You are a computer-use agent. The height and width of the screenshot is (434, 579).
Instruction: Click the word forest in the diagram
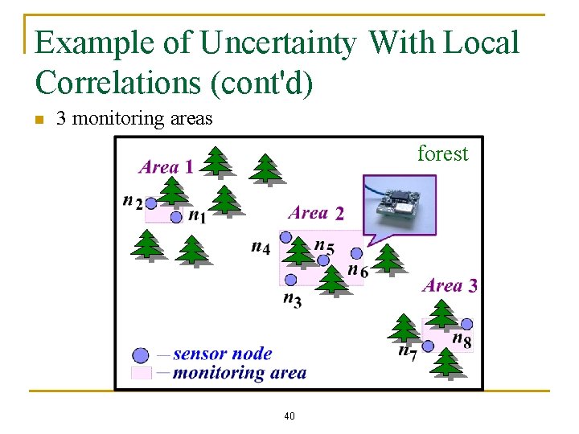[442, 154]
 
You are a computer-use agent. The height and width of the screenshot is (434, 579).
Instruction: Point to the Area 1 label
[166, 167]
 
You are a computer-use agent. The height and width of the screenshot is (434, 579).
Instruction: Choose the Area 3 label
[450, 285]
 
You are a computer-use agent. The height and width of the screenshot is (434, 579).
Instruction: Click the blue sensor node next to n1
[176, 217]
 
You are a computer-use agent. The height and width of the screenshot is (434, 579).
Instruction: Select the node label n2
[133, 201]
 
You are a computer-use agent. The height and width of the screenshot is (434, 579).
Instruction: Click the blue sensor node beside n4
[285, 238]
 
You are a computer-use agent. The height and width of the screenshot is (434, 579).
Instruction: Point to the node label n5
[324, 246]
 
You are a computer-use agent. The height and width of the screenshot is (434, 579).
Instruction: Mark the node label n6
[358, 270]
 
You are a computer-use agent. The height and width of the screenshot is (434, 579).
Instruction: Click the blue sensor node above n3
[290, 280]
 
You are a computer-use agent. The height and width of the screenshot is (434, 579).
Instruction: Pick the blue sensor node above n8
[466, 324]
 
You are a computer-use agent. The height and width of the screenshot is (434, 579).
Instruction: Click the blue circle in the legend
[141, 354]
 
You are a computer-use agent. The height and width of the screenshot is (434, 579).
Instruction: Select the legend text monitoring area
[239, 372]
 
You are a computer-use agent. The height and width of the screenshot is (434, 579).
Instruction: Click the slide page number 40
[289, 416]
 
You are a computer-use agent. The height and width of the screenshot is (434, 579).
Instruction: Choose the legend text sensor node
[222, 354]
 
